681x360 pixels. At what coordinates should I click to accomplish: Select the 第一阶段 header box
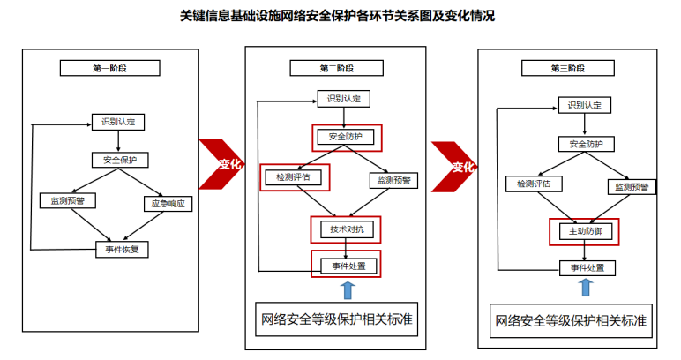pyautogui.click(x=110, y=68)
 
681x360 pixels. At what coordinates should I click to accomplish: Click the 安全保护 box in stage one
pyautogui.click(x=120, y=160)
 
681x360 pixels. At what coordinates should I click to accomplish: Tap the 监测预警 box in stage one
pyautogui.click(x=68, y=200)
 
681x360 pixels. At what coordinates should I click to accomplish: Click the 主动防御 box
pyautogui.click(x=581, y=231)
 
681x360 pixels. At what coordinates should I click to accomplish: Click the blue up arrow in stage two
pyautogui.click(x=347, y=289)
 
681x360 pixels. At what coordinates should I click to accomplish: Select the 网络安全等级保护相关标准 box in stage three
pyautogui.click(x=572, y=320)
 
